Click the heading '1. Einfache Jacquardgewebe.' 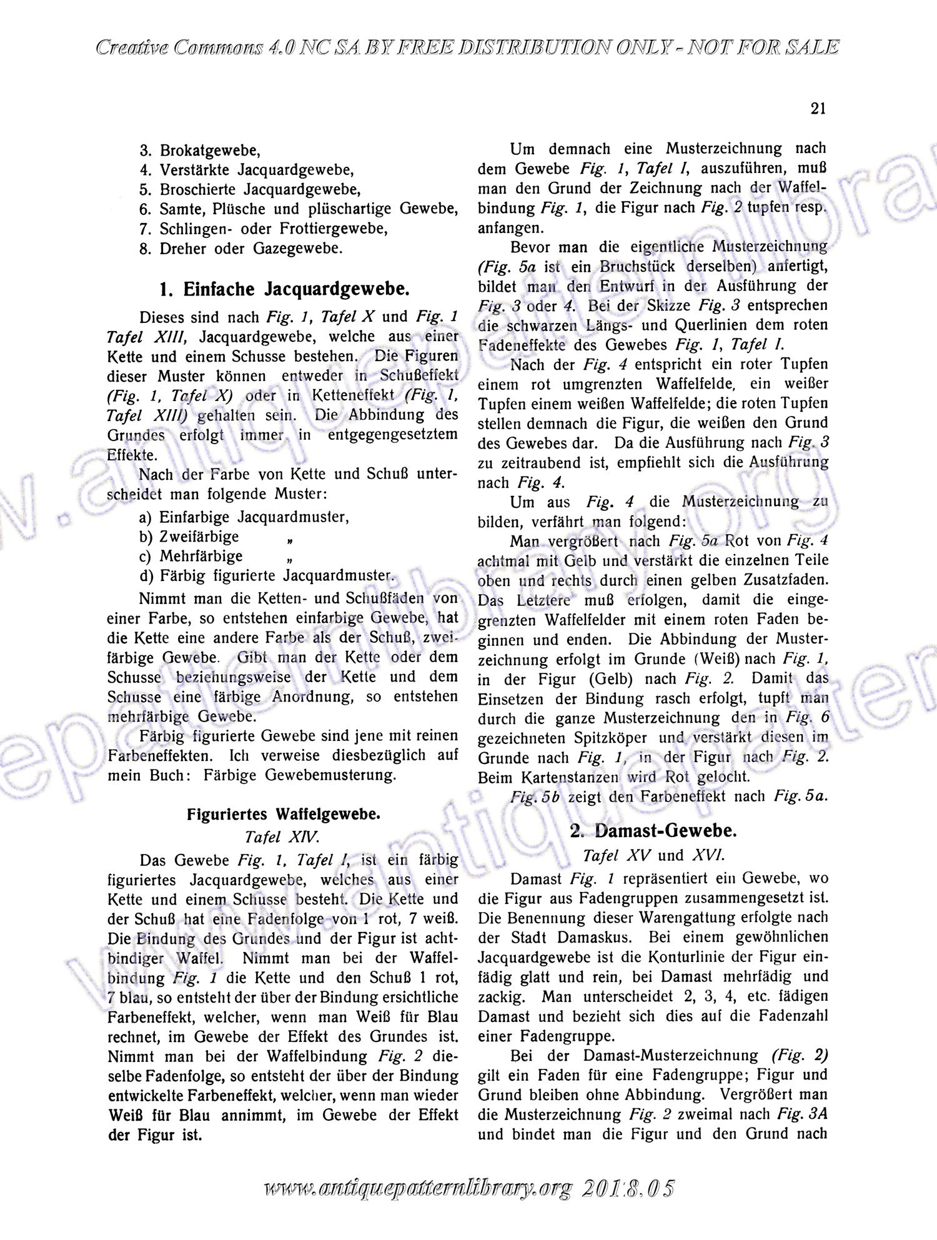[285, 289]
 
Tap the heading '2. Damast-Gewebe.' [653, 831]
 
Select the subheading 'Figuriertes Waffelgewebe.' [284, 815]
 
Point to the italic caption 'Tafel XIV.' [283, 837]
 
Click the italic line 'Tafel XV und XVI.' [653, 855]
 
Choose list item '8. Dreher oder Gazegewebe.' [241, 249]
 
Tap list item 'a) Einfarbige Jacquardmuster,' [244, 517]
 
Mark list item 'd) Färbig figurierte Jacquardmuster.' [267, 576]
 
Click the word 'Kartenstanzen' [570, 778]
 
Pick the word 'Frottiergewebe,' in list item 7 [337, 229]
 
